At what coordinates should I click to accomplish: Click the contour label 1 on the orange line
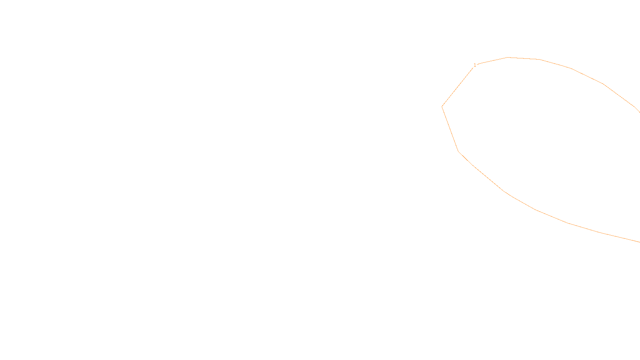tap(475, 65)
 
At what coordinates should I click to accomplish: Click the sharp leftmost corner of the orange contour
tap(442, 106)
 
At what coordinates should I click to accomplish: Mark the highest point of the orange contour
tap(508, 58)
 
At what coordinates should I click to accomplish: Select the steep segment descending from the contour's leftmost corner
tap(450, 129)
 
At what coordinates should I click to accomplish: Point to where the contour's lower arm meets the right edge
tap(639, 242)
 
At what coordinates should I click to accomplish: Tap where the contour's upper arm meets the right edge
tap(639, 112)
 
